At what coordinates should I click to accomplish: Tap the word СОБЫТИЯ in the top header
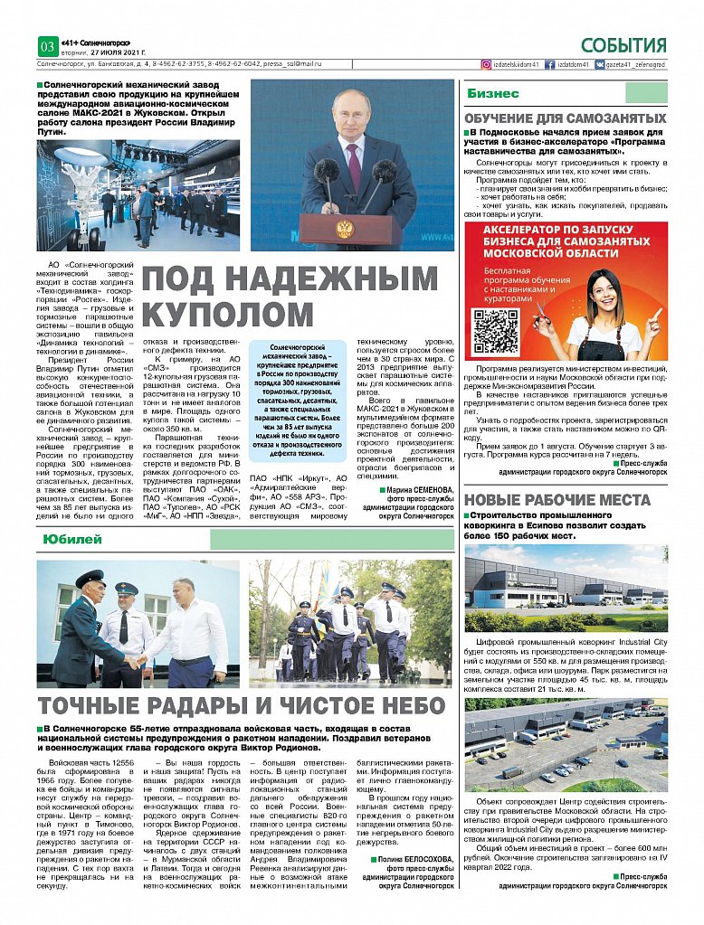click(x=623, y=46)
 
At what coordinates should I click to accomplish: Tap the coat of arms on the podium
click(x=344, y=228)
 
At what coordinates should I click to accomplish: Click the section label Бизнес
click(x=493, y=94)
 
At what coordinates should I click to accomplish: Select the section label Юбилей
click(x=67, y=539)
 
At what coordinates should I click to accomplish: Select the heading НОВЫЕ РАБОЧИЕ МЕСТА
click(x=566, y=500)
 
